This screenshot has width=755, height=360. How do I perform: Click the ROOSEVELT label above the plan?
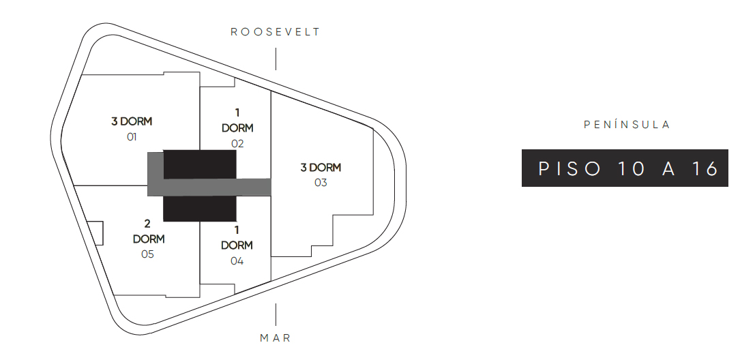[276, 32]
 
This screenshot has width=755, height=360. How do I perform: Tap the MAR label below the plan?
[276, 338]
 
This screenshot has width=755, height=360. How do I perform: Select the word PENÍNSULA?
[627, 125]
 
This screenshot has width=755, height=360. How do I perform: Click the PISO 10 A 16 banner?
[625, 168]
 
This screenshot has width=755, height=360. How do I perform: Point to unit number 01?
[132, 137]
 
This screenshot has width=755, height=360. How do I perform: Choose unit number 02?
[237, 143]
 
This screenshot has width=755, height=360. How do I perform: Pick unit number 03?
[321, 183]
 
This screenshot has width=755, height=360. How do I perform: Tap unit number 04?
[237, 261]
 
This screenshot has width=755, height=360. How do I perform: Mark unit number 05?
[147, 254]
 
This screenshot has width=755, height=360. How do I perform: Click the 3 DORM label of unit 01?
[132, 122]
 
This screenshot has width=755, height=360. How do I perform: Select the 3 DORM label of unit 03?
[321, 168]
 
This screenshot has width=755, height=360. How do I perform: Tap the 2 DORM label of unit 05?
[148, 232]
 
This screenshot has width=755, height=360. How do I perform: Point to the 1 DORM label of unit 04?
[237, 238]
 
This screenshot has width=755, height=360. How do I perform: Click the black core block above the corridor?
[200, 164]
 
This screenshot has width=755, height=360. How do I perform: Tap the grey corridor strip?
[217, 187]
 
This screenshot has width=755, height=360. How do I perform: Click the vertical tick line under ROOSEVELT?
[276, 59]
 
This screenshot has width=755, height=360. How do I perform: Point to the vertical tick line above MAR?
[276, 314]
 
